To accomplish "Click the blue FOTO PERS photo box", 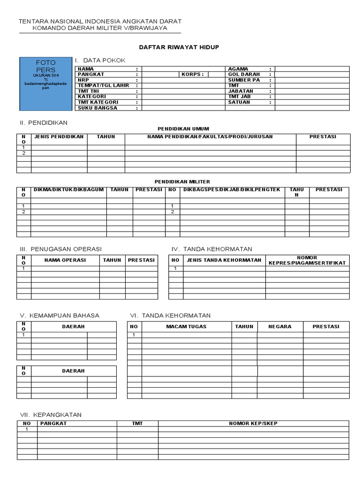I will tap(45, 83).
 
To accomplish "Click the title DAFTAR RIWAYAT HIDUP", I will tap(179, 47).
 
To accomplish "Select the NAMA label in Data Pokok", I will tap(86, 69).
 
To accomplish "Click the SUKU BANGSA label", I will tap(97, 108).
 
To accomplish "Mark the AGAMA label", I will tap(238, 69).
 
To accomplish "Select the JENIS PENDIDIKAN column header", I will tap(59, 137).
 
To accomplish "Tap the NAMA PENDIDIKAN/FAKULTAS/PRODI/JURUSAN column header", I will tap(210, 137).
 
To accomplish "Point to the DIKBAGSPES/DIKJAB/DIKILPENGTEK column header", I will tap(232, 190).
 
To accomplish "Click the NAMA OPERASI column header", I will tap(65, 260).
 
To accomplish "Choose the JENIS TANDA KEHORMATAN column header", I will tap(224, 260).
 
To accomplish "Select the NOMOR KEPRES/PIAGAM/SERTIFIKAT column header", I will tap(307, 260).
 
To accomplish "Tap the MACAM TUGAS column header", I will tap(186, 327).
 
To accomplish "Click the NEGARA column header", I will tap(280, 327).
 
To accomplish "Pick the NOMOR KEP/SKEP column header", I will tap(253, 423).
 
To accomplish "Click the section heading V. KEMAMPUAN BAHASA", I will tap(59, 315).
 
